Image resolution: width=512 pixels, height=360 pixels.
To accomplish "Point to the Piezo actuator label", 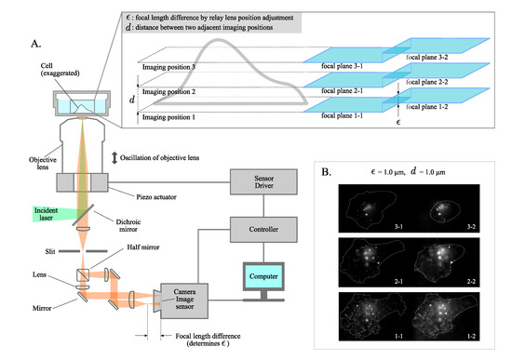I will (115, 198).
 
